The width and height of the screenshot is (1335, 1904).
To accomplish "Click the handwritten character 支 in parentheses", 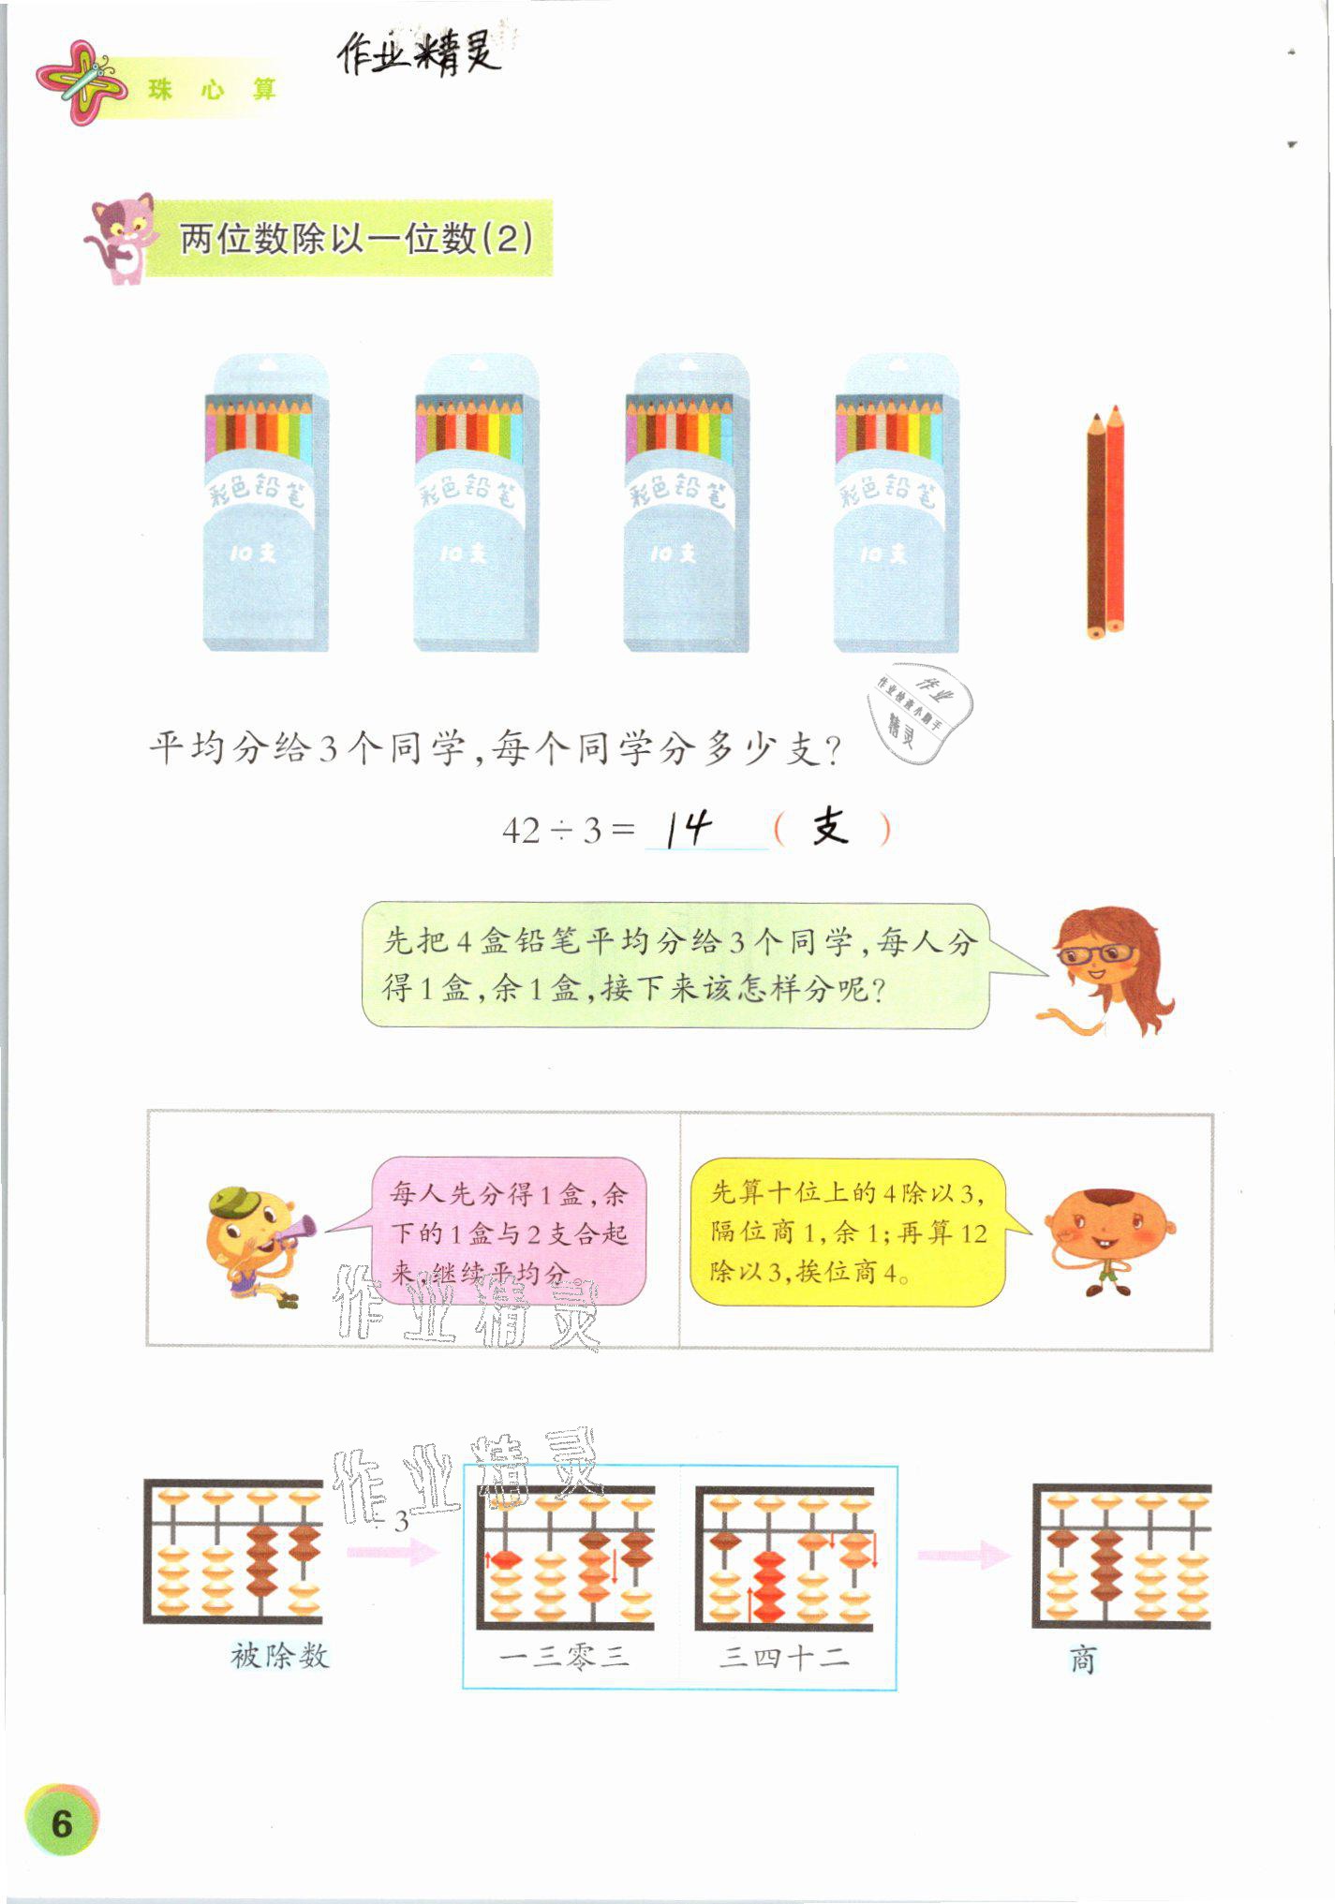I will (x=830, y=827).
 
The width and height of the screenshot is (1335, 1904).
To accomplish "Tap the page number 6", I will (x=62, y=1822).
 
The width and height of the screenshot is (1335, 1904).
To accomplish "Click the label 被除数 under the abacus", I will (x=280, y=1656).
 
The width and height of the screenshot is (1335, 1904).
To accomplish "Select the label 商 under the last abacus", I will (x=1082, y=1660).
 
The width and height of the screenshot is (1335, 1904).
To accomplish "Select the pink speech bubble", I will (x=509, y=1232).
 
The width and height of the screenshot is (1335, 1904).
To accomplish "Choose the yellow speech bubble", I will (x=848, y=1232).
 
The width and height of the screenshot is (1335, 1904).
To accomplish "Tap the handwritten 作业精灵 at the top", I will (x=419, y=53).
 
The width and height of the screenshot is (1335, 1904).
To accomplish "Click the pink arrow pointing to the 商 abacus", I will (x=963, y=1556).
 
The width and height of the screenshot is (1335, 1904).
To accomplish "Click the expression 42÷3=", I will (x=568, y=830).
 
